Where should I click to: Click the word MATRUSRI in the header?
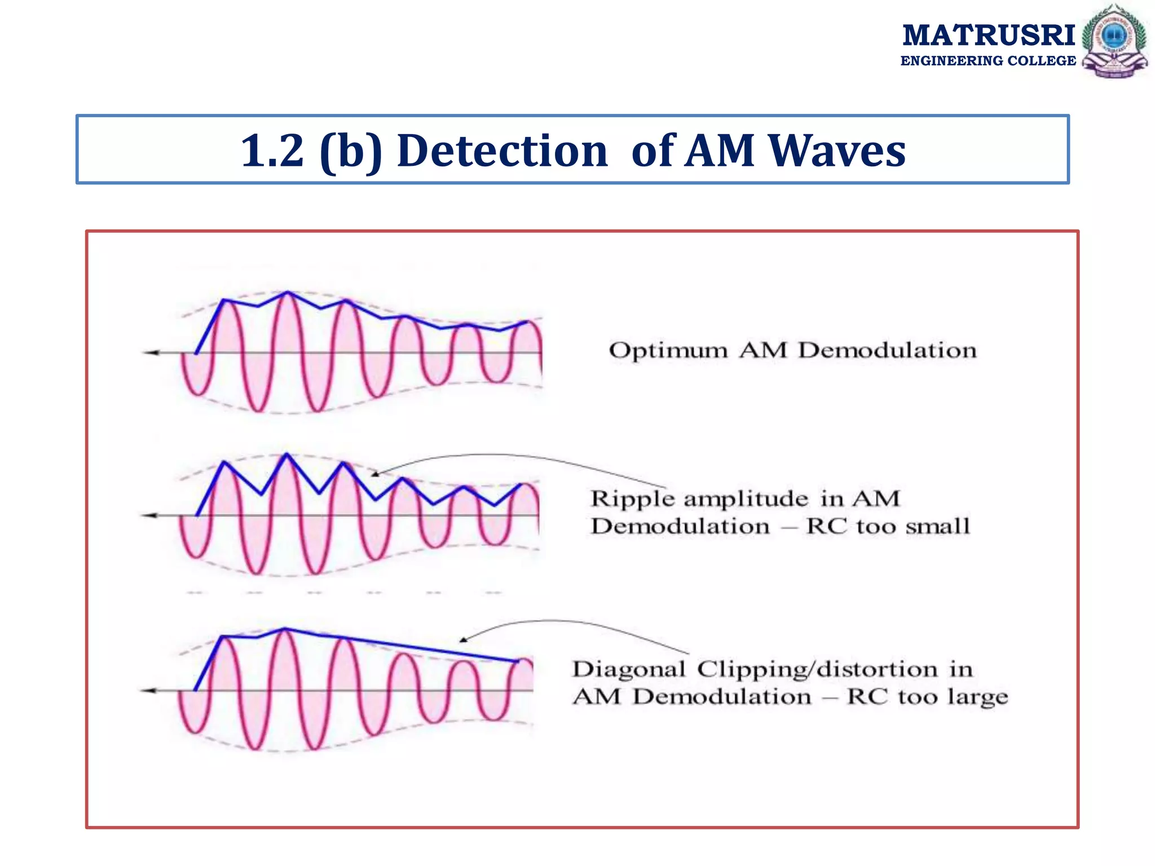click(x=989, y=35)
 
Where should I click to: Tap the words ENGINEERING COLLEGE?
click(x=988, y=61)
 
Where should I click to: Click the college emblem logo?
click(x=1114, y=41)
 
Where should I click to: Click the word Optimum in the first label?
click(x=668, y=351)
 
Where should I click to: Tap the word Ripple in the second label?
click(x=633, y=499)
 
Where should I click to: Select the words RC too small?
click(x=888, y=527)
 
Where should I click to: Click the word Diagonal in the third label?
click(x=629, y=669)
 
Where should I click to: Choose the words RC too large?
click(x=927, y=697)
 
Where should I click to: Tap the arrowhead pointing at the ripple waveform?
click(x=374, y=474)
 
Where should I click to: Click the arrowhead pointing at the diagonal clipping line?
click(x=463, y=640)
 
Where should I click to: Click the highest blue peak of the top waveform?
click(x=288, y=292)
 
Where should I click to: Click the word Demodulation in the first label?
click(x=887, y=351)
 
